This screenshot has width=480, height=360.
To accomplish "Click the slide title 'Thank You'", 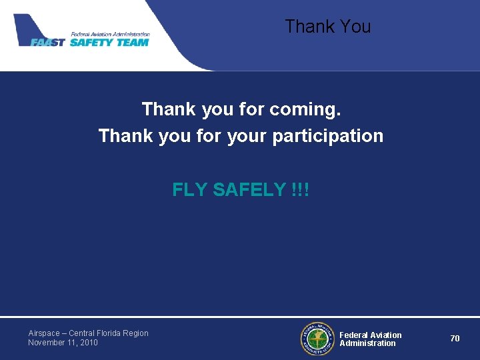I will click(327, 27).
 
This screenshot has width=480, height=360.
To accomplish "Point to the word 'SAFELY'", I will click(249, 190).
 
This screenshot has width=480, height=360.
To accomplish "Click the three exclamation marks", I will click(300, 190).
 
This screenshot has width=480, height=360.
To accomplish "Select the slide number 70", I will click(455, 339).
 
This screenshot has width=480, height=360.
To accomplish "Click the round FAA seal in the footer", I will click(317, 339).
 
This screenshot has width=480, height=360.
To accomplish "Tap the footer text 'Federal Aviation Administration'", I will click(370, 339).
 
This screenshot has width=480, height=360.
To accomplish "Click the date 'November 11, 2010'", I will click(63, 343).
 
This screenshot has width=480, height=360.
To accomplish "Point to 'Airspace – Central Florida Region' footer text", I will click(88, 333).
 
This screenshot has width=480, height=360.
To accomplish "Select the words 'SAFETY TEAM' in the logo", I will click(109, 42).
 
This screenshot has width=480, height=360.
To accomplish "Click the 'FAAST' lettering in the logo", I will click(47, 42).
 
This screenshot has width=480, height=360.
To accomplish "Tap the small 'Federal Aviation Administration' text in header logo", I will click(110, 34).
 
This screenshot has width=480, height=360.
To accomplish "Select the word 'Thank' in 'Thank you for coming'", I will click(165, 109).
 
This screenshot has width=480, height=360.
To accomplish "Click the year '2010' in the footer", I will click(88, 343).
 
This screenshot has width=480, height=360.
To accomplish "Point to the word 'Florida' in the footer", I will click(111, 333).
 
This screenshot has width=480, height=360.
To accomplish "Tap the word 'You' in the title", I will click(355, 27).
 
